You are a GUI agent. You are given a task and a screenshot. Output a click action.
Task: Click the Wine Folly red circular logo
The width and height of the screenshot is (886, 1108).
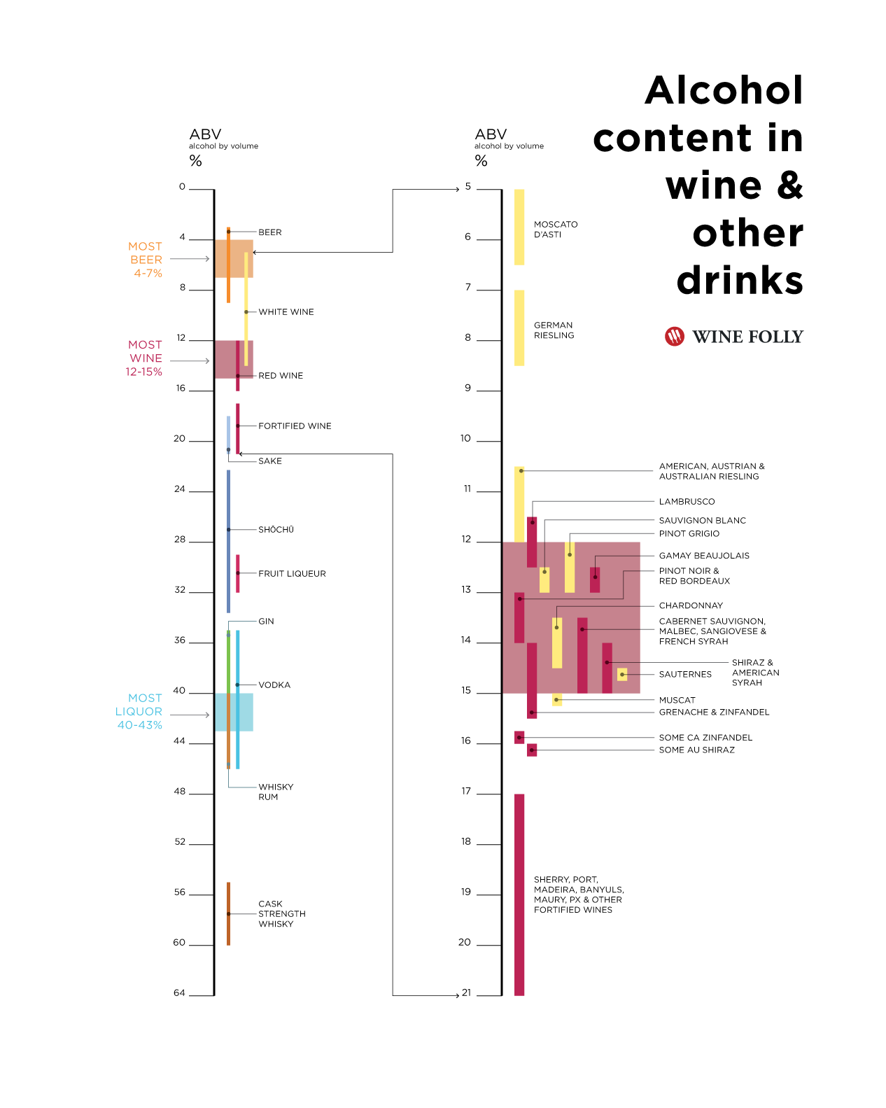point(674,337)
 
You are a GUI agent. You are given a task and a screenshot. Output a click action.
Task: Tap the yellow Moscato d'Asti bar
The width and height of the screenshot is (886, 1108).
point(519,227)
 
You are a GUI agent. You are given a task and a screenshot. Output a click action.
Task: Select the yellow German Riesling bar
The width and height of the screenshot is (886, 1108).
point(519,328)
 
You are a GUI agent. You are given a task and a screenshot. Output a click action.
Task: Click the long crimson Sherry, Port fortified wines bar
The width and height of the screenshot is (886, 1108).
point(519,894)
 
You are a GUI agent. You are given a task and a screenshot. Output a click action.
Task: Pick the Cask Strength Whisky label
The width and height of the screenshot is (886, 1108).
point(281,913)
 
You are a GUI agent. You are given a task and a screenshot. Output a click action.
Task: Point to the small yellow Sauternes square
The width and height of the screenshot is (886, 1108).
point(622,674)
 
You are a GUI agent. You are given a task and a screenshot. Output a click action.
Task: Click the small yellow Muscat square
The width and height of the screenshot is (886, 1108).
point(557,699)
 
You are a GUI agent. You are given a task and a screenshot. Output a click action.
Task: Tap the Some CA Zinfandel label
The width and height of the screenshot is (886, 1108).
point(705,737)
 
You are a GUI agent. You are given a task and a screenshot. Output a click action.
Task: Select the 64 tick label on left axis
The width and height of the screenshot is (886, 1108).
point(180,993)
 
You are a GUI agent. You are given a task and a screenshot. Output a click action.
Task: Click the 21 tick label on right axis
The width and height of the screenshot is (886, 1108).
point(467,993)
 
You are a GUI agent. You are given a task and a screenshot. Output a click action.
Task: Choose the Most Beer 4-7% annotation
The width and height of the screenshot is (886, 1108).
point(146,260)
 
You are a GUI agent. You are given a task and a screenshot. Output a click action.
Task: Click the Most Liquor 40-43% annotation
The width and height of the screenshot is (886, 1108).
point(139,711)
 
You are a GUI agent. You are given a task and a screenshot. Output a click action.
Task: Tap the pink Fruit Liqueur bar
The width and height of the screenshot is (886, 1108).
point(238,573)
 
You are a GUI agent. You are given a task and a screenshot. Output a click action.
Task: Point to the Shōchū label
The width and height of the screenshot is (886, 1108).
point(276,529)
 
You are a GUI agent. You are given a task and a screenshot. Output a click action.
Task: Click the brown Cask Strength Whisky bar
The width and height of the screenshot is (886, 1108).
point(228,913)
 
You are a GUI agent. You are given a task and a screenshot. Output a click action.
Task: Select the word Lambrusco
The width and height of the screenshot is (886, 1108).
point(687,501)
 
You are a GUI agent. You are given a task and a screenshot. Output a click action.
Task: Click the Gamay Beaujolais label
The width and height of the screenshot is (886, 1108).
point(704,555)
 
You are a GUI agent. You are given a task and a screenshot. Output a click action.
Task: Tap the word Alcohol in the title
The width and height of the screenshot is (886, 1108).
point(724,90)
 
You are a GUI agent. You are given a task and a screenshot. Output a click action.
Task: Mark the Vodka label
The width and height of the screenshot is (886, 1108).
point(274,685)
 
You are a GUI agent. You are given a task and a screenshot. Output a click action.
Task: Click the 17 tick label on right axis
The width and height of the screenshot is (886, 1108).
point(466,791)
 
